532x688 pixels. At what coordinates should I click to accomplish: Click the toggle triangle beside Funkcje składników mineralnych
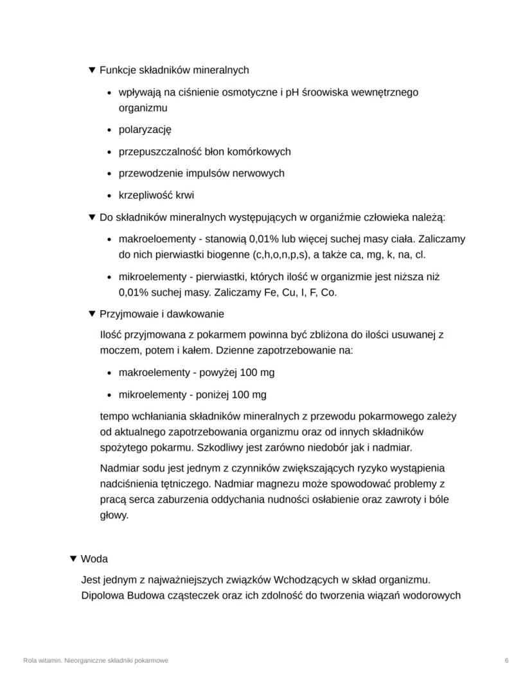click(x=92, y=69)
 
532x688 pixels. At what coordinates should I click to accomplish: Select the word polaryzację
click(x=145, y=130)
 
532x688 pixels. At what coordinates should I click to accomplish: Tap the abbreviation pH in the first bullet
click(x=292, y=92)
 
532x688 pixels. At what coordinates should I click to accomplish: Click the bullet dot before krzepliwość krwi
click(x=111, y=195)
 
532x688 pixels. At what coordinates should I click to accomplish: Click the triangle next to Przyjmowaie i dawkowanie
click(x=92, y=314)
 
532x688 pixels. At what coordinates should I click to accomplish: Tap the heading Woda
click(x=94, y=559)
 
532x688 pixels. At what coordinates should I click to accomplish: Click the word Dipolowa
click(x=102, y=595)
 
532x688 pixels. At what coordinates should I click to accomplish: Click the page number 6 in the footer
click(x=507, y=660)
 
